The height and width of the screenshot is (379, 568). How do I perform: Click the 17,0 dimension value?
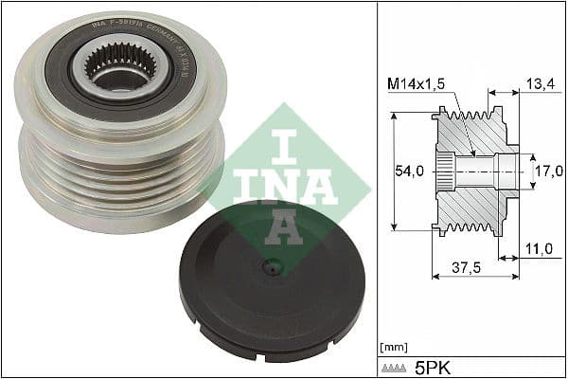546,173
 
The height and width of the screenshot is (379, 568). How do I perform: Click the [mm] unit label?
392,347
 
